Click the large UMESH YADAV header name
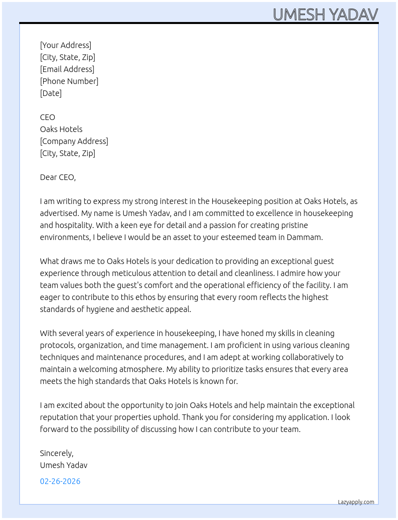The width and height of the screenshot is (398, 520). point(325,15)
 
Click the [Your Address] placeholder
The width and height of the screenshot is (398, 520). point(66,45)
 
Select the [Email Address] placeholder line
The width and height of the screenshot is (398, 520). point(67,69)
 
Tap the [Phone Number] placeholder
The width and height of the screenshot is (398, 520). point(69,81)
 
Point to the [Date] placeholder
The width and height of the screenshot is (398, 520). point(51,93)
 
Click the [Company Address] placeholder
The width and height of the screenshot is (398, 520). point(74,141)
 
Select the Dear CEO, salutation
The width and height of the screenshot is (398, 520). point(58,177)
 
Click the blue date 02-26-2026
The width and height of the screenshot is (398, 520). point(60,481)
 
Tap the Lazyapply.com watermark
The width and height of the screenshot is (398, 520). point(356,502)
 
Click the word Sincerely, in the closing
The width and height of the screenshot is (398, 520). point(57,453)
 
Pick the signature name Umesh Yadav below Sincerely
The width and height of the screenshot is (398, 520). point(64,465)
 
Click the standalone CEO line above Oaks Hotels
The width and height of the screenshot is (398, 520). point(48,117)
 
